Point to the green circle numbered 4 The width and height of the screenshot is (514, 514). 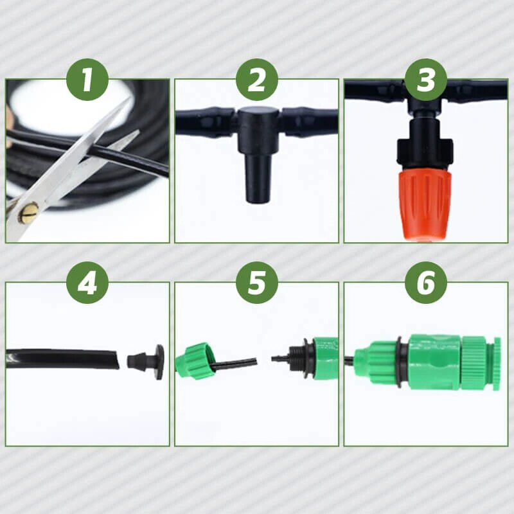click(87, 283)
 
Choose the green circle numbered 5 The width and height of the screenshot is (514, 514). click(257, 283)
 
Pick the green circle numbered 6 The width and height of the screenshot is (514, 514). click(426, 283)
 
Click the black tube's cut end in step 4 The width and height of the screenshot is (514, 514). click(114, 359)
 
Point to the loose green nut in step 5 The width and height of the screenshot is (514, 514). click(196, 361)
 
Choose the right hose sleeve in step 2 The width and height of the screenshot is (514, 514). click(308, 122)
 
